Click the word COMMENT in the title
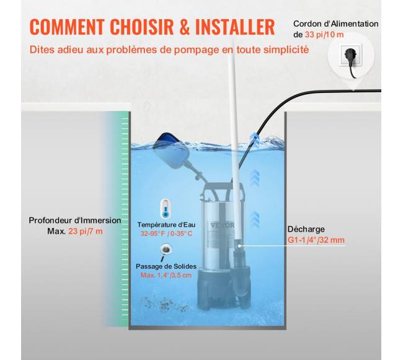[66, 27]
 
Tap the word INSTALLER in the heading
[235, 27]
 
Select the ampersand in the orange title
[184, 27]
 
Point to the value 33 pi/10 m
[324, 35]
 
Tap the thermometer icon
[166, 209]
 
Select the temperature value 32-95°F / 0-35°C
[166, 234]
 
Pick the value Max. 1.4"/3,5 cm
[166, 275]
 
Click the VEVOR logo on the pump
[223, 226]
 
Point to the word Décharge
[306, 229]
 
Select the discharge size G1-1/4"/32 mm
[316, 240]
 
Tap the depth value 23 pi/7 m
[86, 231]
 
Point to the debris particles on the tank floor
[164, 304]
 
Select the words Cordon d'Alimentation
[335, 24]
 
